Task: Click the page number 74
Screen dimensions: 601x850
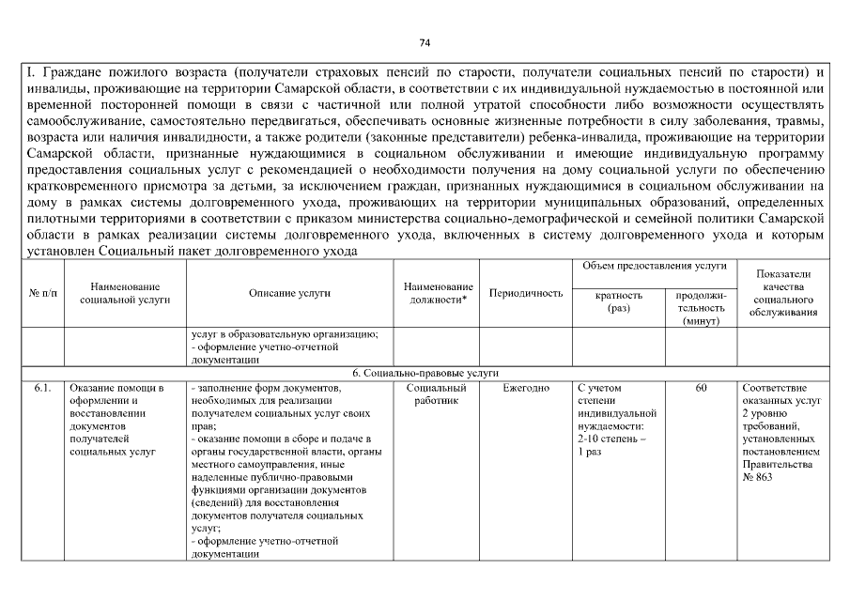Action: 425,43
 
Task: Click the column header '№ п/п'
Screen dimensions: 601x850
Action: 41,294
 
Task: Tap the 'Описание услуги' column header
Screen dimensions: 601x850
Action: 289,293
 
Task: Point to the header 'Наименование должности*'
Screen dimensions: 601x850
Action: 438,293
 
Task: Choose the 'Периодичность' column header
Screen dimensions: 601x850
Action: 526,293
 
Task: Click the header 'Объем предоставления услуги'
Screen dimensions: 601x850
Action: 655,267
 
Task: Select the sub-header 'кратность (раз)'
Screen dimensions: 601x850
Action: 619,300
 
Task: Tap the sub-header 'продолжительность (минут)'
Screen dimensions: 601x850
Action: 701,307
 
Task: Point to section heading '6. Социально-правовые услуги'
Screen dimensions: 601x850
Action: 425,373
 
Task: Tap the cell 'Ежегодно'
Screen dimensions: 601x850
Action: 526,388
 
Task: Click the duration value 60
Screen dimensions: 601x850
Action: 701,388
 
